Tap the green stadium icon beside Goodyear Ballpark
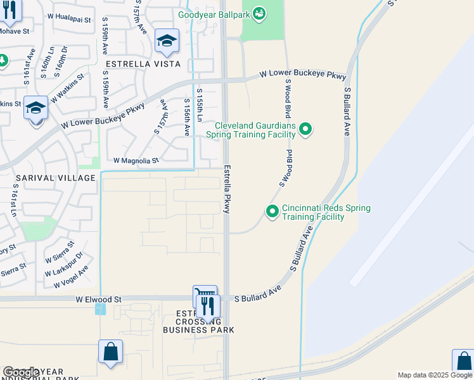click(259, 13)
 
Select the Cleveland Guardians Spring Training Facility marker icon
click(305, 130)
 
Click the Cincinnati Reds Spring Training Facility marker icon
click(272, 211)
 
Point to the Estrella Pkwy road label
click(226, 191)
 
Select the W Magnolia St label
click(136, 161)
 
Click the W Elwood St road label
click(98, 298)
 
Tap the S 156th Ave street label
click(187, 117)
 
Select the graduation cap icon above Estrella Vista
click(167, 42)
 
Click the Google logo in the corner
click(22, 372)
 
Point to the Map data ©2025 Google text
click(434, 375)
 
